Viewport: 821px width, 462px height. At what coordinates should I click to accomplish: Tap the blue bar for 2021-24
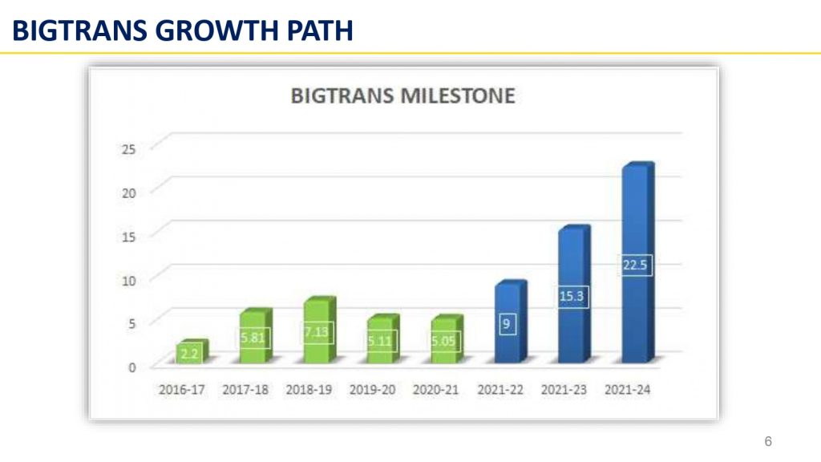pyautogui.click(x=637, y=262)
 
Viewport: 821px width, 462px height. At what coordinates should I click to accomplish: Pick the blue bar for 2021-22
pyautogui.click(x=511, y=322)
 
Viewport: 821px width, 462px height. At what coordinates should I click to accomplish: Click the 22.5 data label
pyautogui.click(x=635, y=265)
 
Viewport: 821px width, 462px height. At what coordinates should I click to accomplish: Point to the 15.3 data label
pyautogui.click(x=571, y=297)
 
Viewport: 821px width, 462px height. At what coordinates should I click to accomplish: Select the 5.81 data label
pyautogui.click(x=253, y=338)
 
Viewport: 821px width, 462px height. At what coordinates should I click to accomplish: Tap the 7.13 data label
pyautogui.click(x=317, y=332)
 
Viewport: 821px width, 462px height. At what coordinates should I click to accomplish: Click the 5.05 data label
pyautogui.click(x=443, y=341)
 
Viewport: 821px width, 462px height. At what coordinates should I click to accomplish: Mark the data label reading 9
pyautogui.click(x=507, y=324)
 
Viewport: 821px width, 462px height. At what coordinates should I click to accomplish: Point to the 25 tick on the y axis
pyautogui.click(x=128, y=149)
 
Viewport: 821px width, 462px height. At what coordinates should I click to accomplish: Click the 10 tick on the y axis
pyautogui.click(x=128, y=281)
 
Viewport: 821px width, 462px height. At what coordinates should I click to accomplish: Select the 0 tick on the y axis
pyautogui.click(x=132, y=367)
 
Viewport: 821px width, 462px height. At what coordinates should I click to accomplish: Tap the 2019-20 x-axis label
pyautogui.click(x=372, y=390)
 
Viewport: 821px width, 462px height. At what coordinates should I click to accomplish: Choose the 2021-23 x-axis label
pyautogui.click(x=564, y=390)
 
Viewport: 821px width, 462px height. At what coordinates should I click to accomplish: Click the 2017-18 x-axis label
pyautogui.click(x=245, y=390)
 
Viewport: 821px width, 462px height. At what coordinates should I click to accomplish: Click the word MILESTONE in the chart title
pyautogui.click(x=458, y=96)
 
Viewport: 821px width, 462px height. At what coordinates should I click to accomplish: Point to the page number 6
pyautogui.click(x=768, y=442)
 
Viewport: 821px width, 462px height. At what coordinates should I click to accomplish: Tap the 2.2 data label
pyautogui.click(x=189, y=354)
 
